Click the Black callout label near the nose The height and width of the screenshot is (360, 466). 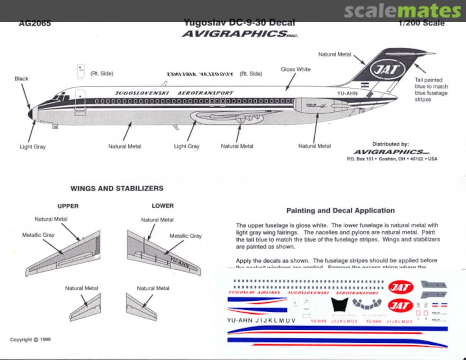21,79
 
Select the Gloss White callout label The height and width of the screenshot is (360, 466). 296,69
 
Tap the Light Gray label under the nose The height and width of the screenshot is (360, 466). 32,147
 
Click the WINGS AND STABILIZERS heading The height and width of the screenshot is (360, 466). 117,189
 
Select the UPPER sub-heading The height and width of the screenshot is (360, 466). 68,206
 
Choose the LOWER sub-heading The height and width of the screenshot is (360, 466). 163,206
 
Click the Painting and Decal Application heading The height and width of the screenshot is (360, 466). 340,211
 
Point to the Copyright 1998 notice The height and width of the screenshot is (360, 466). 31,340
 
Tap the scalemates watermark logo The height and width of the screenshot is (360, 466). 402,11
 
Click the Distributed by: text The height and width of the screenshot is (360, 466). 390,144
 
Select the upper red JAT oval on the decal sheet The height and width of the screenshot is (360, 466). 400,287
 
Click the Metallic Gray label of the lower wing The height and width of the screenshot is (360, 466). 185,236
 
